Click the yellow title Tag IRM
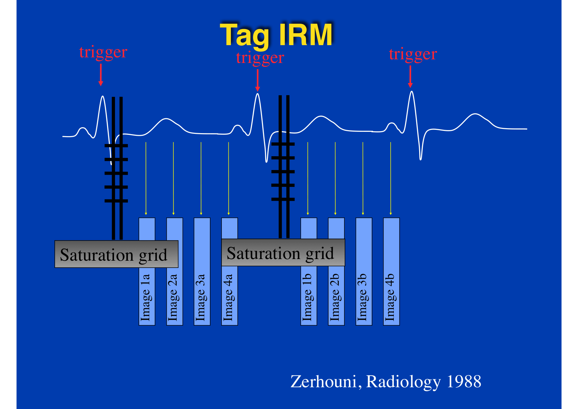[x=276, y=35]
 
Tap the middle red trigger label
[x=260, y=58]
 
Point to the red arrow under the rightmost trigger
[x=410, y=76]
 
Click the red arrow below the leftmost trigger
[x=101, y=75]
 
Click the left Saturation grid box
[x=116, y=254]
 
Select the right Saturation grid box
[x=283, y=252]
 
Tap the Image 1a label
[x=145, y=297]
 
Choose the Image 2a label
[x=173, y=297]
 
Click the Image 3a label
[x=200, y=297]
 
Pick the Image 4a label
[x=228, y=297]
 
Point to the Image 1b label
[x=307, y=297]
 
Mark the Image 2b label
[x=335, y=297]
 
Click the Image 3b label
[x=362, y=297]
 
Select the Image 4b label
[x=390, y=297]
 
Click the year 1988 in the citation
[x=464, y=382]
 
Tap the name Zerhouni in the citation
[x=324, y=382]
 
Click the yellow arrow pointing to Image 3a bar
[x=201, y=179]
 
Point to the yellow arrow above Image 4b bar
[x=391, y=179]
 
